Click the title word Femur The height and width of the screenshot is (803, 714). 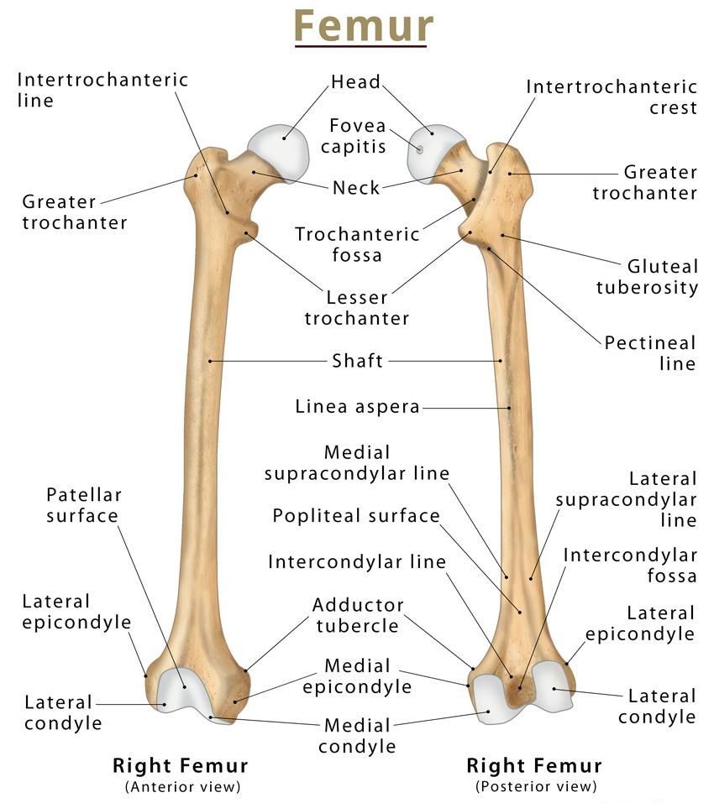(x=364, y=26)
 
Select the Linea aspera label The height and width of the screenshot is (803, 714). (x=357, y=407)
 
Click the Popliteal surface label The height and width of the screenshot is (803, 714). (x=356, y=516)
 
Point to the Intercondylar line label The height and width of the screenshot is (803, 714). (x=357, y=562)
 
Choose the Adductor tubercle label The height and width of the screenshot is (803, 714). (x=358, y=615)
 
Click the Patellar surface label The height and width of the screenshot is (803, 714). (x=83, y=505)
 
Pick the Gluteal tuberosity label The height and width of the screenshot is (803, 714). (x=647, y=277)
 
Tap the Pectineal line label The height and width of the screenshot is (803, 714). (x=650, y=353)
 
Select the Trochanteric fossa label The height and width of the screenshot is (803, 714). (x=357, y=244)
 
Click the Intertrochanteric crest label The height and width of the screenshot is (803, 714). (x=612, y=96)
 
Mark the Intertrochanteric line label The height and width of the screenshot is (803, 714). (x=102, y=90)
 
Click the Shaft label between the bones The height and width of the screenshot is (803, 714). (x=357, y=361)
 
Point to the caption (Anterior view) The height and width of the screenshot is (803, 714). (x=183, y=786)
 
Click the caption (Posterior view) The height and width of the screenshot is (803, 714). (x=536, y=786)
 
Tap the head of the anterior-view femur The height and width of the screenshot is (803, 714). (x=280, y=151)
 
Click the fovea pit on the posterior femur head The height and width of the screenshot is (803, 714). (x=419, y=150)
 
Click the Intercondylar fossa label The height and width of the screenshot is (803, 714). (x=630, y=566)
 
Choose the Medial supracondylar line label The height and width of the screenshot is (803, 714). (x=357, y=463)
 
